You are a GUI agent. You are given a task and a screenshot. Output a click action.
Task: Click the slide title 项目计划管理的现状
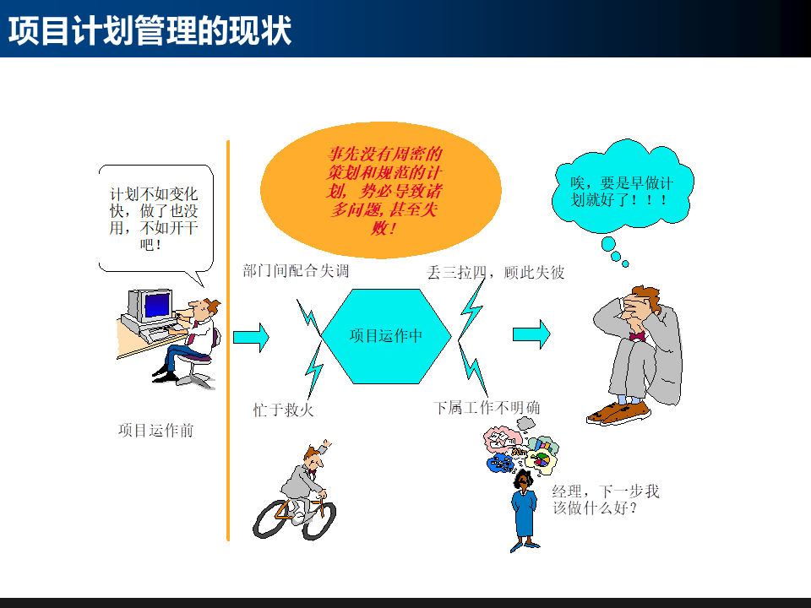[x=150, y=30]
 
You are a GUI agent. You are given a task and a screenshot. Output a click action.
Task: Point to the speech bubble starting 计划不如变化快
[x=154, y=217]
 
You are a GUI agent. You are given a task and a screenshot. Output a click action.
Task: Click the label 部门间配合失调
[x=296, y=271]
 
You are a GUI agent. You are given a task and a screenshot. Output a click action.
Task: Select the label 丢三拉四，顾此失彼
[x=496, y=273]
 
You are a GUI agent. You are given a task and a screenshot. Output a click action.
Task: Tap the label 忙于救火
[x=284, y=410]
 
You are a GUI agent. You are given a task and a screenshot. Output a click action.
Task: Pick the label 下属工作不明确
[x=487, y=408]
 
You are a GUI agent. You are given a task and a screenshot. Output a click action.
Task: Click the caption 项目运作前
[x=155, y=431]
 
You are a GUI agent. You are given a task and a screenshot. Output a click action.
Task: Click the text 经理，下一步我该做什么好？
[x=605, y=500]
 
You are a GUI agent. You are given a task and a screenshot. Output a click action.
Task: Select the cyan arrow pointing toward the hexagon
[x=251, y=337]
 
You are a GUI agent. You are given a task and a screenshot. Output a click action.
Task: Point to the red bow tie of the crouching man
[x=636, y=335]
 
